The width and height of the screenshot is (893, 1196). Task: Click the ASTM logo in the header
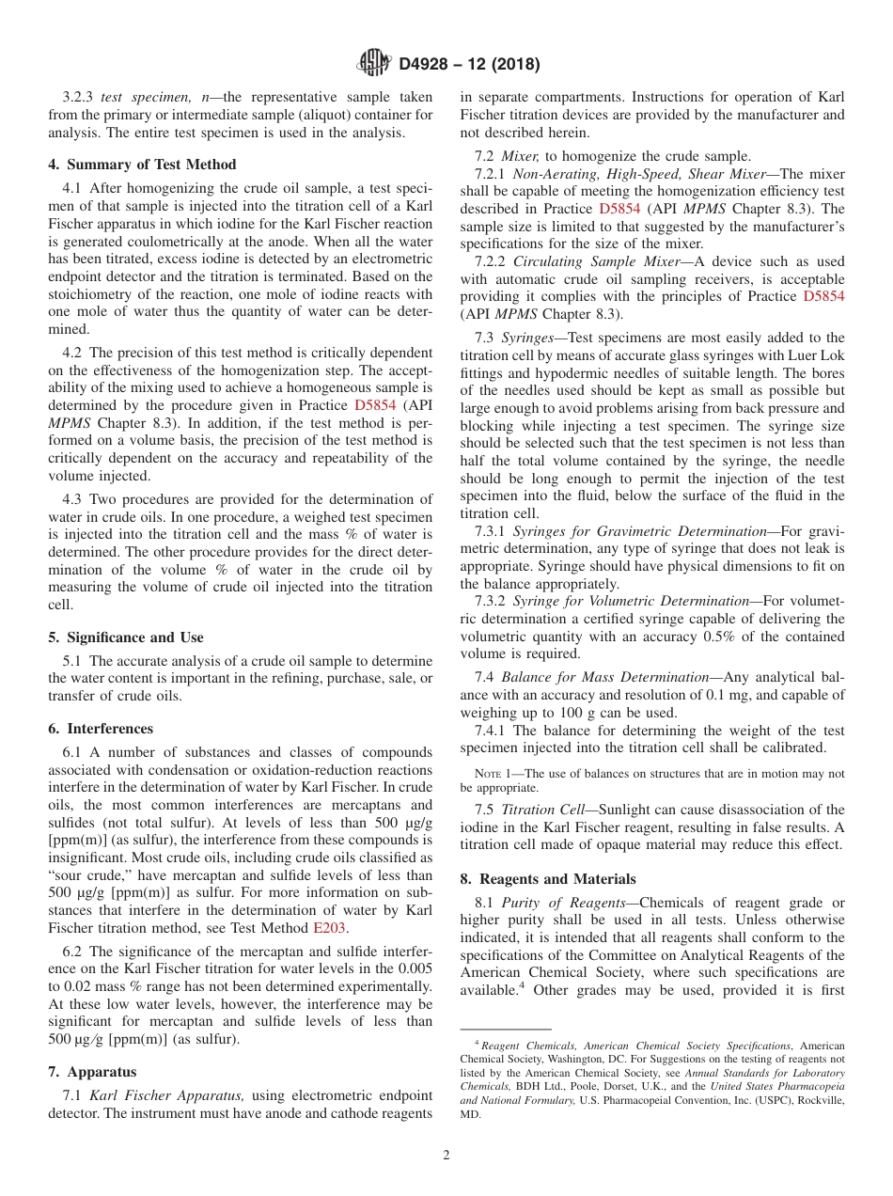(x=375, y=64)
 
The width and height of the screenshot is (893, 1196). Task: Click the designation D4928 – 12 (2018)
(x=469, y=65)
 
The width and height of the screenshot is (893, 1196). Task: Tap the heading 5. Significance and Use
(x=125, y=637)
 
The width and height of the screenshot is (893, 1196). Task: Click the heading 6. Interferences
(x=101, y=729)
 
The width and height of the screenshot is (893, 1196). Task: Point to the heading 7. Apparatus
(x=92, y=1072)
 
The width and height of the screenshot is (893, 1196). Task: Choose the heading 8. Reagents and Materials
(x=547, y=879)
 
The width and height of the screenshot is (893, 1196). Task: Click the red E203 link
(x=329, y=928)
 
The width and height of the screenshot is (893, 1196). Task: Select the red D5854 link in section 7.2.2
(x=823, y=296)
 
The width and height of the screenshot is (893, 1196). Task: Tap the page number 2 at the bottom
(x=446, y=1156)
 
